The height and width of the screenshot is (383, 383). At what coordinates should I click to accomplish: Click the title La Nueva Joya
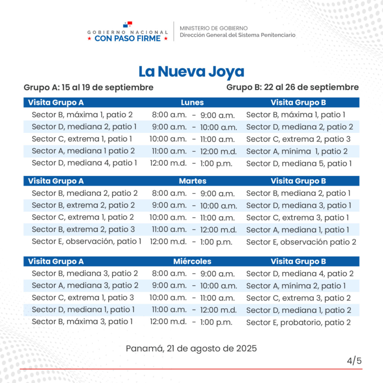pyautogui.click(x=191, y=71)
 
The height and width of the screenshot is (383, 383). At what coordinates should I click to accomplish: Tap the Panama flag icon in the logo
pyautogui.click(x=128, y=25)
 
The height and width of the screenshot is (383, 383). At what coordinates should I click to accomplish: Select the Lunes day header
pyautogui.click(x=192, y=102)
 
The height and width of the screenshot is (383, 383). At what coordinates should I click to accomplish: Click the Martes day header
pyautogui.click(x=193, y=181)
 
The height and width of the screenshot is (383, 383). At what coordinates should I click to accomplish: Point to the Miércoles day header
pyautogui.click(x=192, y=261)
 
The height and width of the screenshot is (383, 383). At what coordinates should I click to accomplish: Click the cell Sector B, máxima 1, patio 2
pyautogui.click(x=82, y=115)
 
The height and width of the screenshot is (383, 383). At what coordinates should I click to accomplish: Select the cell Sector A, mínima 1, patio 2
pyautogui.click(x=297, y=151)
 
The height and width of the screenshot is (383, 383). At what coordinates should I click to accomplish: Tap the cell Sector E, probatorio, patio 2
pyautogui.click(x=298, y=322)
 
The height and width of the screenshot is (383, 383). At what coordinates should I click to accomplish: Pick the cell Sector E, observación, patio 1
pyautogui.click(x=87, y=242)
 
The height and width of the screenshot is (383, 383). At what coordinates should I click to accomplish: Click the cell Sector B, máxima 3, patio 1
pyautogui.click(x=82, y=322)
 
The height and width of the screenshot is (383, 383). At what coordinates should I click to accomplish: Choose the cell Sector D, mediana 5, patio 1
pyautogui.click(x=299, y=164)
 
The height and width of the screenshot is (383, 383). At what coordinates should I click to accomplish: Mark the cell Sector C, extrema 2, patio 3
pyautogui.click(x=298, y=139)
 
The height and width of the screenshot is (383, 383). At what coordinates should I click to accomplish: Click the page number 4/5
pyautogui.click(x=354, y=361)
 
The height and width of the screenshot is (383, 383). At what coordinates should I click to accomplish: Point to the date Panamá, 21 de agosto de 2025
pyautogui.click(x=191, y=348)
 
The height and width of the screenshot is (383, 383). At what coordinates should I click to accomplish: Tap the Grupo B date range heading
pyautogui.click(x=292, y=87)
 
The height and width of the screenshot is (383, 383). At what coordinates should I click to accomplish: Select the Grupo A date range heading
pyautogui.click(x=88, y=87)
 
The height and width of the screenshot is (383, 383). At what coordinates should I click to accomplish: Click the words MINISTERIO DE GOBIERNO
pyautogui.click(x=214, y=28)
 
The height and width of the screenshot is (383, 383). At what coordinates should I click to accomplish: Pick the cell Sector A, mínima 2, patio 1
pyautogui.click(x=296, y=286)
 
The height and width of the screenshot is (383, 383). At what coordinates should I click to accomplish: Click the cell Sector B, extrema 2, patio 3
pyautogui.click(x=83, y=229)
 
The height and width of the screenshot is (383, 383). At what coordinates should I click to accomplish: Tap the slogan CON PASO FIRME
pyautogui.click(x=128, y=39)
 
